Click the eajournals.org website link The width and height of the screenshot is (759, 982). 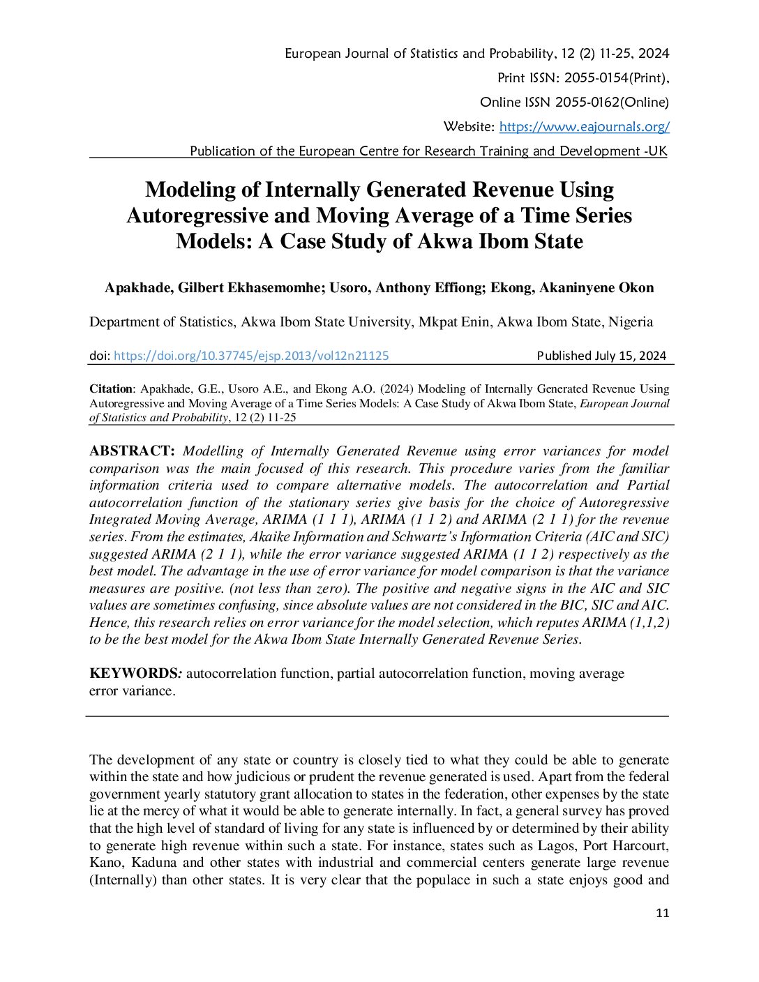point(584,127)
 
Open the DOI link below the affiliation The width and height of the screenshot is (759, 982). point(250,356)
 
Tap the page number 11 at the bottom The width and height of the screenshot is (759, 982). point(662,913)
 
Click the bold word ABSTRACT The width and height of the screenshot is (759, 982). point(131,451)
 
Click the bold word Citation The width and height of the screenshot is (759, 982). point(110,389)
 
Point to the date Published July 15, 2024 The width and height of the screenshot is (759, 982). point(601,356)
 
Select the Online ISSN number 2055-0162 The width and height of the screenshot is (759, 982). point(587,103)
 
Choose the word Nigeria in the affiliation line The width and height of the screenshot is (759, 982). point(631,322)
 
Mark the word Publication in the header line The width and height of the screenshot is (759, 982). point(223,151)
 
